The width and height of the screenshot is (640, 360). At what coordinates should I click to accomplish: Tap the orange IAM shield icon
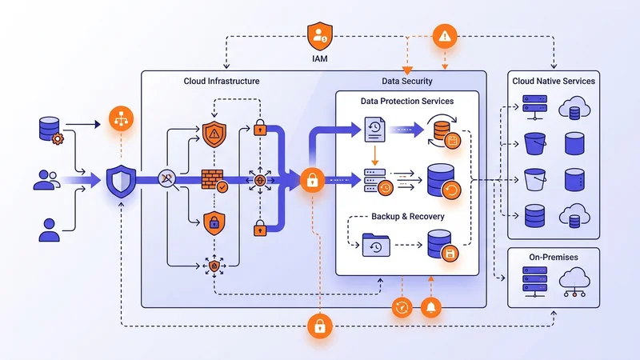(320, 35)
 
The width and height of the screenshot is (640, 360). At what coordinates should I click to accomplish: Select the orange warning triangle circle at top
(444, 35)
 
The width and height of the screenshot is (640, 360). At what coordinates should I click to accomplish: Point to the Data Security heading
(407, 82)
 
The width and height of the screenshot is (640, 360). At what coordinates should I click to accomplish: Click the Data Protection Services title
(406, 102)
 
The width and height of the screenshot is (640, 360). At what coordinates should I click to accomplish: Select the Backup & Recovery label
(407, 217)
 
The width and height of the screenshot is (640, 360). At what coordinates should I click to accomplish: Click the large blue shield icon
(121, 182)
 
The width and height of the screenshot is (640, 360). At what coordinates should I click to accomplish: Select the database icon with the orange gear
(50, 130)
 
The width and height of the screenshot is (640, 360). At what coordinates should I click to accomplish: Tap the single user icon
(50, 229)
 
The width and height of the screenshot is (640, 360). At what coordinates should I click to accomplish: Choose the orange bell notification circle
(432, 307)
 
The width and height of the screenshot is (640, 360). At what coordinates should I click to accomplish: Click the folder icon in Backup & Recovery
(375, 244)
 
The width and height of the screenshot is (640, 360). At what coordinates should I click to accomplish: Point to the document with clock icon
(374, 130)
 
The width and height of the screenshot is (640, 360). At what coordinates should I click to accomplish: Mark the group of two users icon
(48, 179)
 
